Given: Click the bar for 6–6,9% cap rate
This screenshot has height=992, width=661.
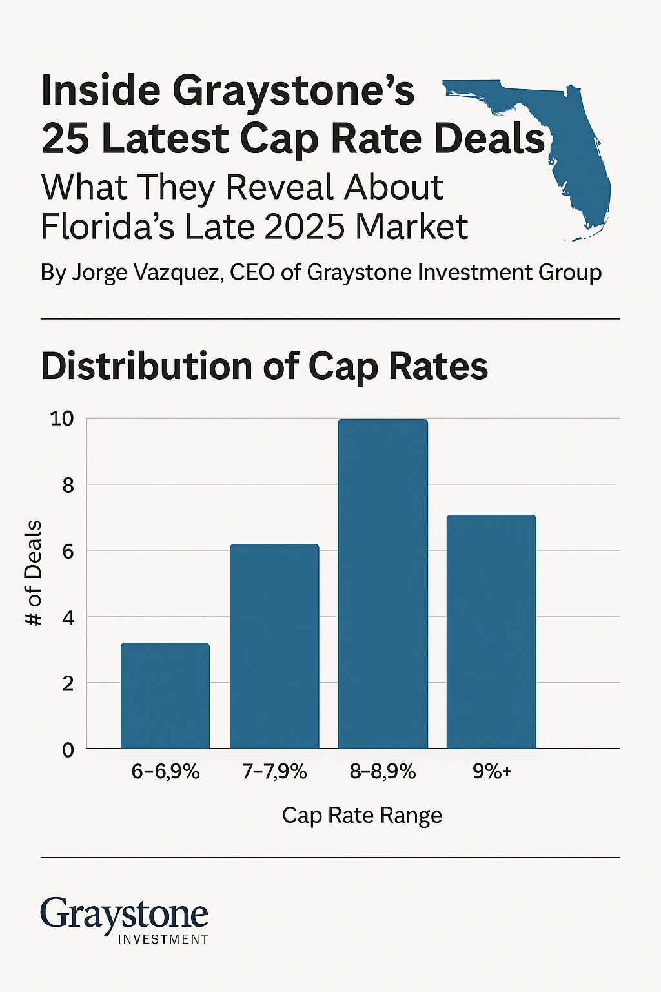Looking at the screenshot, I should click(x=165, y=696).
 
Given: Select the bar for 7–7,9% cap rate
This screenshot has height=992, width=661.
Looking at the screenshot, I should click(x=274, y=646).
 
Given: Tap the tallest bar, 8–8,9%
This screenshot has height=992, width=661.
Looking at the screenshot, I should click(x=383, y=584).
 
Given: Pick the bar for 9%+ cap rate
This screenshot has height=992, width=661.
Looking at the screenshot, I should click(x=491, y=632).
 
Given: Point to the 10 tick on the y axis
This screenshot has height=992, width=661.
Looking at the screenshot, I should click(x=63, y=418).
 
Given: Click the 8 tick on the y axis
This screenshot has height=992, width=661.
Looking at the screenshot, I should click(x=68, y=485).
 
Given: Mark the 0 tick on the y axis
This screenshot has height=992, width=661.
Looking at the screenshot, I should click(x=68, y=750).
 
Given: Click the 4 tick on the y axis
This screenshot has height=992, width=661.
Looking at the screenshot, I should click(x=68, y=617).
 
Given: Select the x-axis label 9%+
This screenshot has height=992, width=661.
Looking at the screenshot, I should click(x=492, y=771).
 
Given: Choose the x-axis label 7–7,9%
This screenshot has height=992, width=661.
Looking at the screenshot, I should click(x=274, y=771).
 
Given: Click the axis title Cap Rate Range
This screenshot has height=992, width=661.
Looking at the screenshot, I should click(x=362, y=815).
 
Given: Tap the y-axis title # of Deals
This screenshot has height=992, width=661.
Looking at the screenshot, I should click(x=34, y=573).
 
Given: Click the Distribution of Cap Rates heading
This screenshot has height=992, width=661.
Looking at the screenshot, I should click(x=264, y=366).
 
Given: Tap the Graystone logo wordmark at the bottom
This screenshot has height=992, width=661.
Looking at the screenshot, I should click(x=124, y=914).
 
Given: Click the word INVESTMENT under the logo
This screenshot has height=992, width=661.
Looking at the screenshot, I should click(x=163, y=939).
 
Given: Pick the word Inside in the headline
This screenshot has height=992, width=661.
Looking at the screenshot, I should click(x=101, y=90).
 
